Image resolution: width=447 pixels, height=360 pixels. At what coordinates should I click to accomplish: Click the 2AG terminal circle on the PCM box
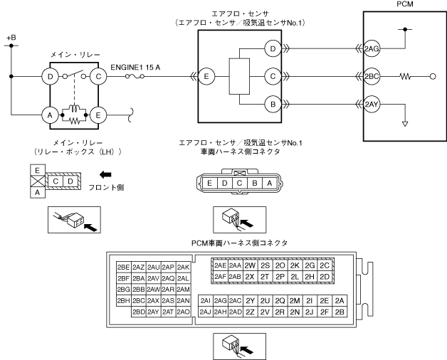372,49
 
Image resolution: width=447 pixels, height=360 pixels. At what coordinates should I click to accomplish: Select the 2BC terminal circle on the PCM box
372,76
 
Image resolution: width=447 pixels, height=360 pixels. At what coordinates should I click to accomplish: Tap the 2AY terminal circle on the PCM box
372,104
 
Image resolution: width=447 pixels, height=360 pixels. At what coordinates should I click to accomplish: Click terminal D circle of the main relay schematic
50,76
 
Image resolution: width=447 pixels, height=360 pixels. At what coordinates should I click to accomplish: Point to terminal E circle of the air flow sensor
206,76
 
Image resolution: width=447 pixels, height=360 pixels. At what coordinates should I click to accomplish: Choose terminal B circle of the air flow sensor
273,104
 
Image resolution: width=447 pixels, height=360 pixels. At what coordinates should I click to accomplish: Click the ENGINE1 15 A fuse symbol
135,76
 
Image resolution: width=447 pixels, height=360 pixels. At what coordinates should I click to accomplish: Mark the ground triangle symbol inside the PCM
405,124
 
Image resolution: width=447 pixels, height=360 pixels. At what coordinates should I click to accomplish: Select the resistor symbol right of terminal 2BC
405,76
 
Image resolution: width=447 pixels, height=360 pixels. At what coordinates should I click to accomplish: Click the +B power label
11,38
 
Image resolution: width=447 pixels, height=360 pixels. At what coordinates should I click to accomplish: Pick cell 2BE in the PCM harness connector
124,267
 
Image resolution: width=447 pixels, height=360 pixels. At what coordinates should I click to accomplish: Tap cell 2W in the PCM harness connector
250,265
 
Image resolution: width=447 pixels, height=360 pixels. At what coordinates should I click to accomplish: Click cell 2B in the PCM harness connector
340,312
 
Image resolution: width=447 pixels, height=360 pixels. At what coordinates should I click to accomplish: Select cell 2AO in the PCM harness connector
183,312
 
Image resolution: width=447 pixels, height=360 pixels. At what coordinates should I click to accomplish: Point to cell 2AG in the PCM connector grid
221,301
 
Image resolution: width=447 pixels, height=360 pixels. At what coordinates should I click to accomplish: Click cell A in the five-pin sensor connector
269,184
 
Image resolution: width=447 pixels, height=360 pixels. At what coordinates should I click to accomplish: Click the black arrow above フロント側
105,174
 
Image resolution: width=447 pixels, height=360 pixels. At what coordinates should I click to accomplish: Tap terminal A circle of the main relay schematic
50,115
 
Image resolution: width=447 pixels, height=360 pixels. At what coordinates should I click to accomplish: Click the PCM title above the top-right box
405,4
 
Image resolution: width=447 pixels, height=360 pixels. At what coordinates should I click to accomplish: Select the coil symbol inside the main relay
75,109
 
